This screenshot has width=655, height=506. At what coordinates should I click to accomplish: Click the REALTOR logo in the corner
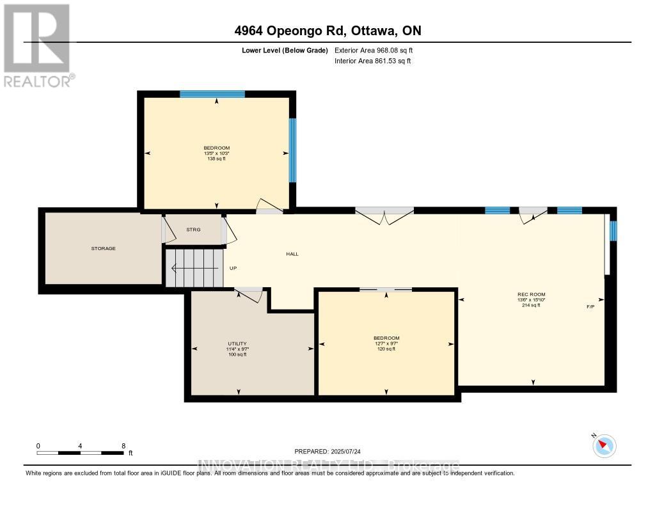(x=38, y=45)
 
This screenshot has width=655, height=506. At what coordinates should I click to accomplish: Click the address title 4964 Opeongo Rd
(x=327, y=31)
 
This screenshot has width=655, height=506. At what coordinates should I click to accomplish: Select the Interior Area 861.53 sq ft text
(x=372, y=61)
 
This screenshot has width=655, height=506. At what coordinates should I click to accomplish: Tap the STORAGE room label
(x=103, y=248)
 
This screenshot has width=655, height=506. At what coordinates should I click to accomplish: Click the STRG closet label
(x=193, y=229)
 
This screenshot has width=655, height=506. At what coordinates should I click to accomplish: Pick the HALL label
(x=292, y=254)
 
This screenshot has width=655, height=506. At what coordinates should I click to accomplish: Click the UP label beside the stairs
(x=233, y=268)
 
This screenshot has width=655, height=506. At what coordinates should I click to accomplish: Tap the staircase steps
(x=194, y=268)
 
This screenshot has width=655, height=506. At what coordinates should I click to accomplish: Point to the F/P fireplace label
(x=590, y=307)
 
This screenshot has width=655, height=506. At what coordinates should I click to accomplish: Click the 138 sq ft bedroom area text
(x=216, y=158)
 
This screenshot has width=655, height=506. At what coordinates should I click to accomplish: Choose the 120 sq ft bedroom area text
(x=386, y=349)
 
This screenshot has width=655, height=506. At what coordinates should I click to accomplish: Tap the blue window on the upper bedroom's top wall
(x=212, y=94)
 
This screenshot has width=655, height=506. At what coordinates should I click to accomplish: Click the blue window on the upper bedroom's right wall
(x=292, y=150)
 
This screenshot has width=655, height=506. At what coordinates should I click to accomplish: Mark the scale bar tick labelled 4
(x=81, y=445)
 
